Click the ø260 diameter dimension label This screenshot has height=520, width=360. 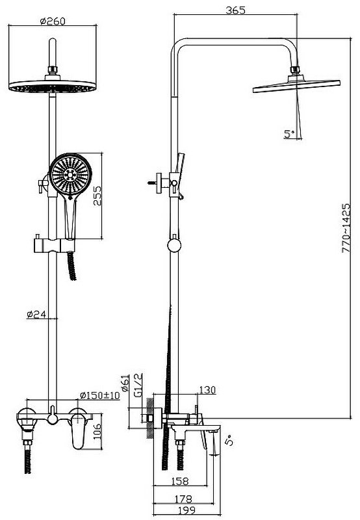click(x=53, y=21)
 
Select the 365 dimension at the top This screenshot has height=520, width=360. click(x=236, y=10)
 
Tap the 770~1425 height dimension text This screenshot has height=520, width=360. click(x=346, y=228)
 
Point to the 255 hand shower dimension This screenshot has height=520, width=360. click(x=97, y=196)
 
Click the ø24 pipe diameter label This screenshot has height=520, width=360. click(x=36, y=314)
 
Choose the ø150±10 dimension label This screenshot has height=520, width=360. click(x=100, y=395)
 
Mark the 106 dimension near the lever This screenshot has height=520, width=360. click(x=97, y=431)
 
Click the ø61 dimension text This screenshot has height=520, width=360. click(x=125, y=383)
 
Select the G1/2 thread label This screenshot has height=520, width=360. click(x=138, y=385)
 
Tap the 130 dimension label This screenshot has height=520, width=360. click(x=207, y=389)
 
